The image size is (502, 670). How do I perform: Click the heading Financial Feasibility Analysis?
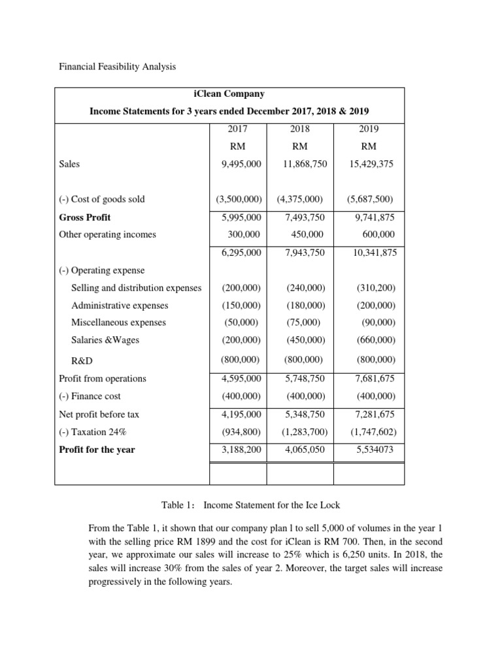[x=118, y=67]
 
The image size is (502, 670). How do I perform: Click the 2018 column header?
[x=305, y=129]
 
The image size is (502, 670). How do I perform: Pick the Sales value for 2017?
[x=242, y=164]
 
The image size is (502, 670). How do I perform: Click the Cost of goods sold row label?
[x=102, y=199]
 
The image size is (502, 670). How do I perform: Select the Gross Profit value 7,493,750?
[x=305, y=217]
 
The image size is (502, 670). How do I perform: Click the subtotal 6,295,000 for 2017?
[x=242, y=253]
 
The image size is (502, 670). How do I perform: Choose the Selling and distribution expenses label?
[x=136, y=288]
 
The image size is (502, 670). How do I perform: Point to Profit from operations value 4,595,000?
[x=242, y=378]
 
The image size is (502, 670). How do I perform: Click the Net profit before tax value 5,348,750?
[x=305, y=414]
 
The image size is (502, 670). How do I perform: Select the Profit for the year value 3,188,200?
[x=242, y=450]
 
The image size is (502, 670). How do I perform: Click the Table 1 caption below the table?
[x=250, y=504]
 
